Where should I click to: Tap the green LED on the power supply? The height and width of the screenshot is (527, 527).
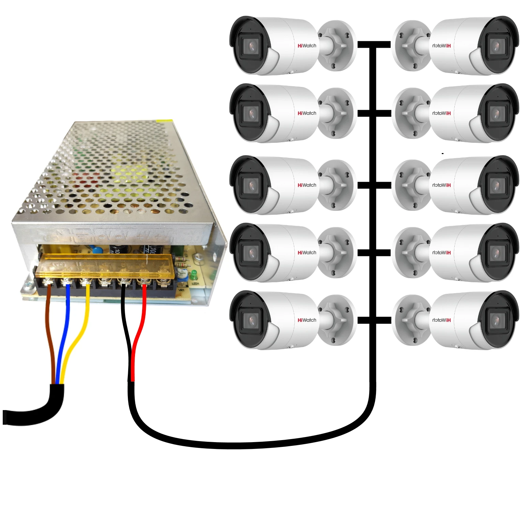(x=194, y=273)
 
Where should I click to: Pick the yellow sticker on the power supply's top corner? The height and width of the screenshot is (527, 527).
(x=164, y=120)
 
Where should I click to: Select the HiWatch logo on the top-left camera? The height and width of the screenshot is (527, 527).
(x=307, y=46)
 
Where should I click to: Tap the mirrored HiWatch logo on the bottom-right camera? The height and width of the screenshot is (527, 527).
(x=441, y=320)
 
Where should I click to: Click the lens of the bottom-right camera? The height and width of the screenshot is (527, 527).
(x=496, y=320)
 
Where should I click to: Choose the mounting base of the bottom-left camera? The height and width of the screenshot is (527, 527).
(x=336, y=320)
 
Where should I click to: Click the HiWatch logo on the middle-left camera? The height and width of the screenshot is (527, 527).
(x=307, y=185)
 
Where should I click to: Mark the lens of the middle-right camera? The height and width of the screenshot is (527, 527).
(x=496, y=185)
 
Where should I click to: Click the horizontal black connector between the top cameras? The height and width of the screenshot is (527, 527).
(x=374, y=45)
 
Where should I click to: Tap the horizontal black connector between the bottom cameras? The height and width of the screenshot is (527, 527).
(x=374, y=320)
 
